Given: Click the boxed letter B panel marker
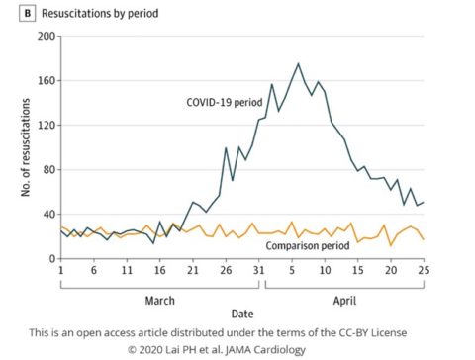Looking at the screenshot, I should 13,13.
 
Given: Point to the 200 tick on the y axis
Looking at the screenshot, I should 45,37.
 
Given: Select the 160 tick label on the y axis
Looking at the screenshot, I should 45,81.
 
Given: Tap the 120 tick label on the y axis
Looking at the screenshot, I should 45,126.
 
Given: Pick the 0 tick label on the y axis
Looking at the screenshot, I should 50,259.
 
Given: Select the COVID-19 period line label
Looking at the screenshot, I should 227,101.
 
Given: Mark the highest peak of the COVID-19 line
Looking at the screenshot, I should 298,64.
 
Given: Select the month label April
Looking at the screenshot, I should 343,298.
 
